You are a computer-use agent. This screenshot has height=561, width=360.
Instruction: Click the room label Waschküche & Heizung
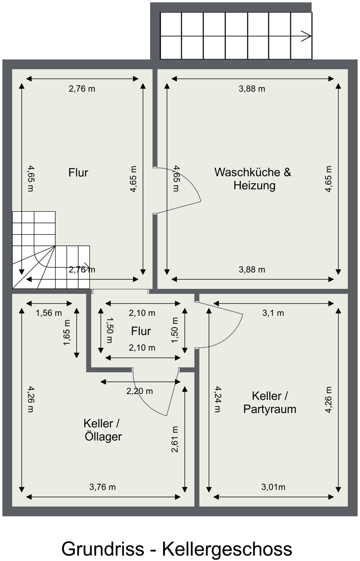pos(252,179)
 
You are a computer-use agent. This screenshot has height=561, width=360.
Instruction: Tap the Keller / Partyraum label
pos(270,403)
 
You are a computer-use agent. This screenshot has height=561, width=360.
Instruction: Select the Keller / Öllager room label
pos(103,430)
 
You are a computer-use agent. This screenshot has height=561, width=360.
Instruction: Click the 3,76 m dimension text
pos(102,487)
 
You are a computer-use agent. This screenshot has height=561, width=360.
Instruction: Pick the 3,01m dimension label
pos(273,487)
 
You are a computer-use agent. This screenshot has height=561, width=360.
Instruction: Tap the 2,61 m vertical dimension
pos(175,439)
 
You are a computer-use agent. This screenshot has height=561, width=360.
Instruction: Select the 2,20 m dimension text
pos(139,391)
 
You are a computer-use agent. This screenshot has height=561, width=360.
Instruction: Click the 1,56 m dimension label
pos(49,313)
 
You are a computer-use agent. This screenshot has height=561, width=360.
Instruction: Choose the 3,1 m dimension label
pos(274,313)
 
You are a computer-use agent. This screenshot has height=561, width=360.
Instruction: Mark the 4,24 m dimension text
pos(217,399)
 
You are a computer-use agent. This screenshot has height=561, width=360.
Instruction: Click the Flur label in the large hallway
pos(78,173)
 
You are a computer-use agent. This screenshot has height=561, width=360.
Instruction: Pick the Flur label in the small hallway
pos(141,331)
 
